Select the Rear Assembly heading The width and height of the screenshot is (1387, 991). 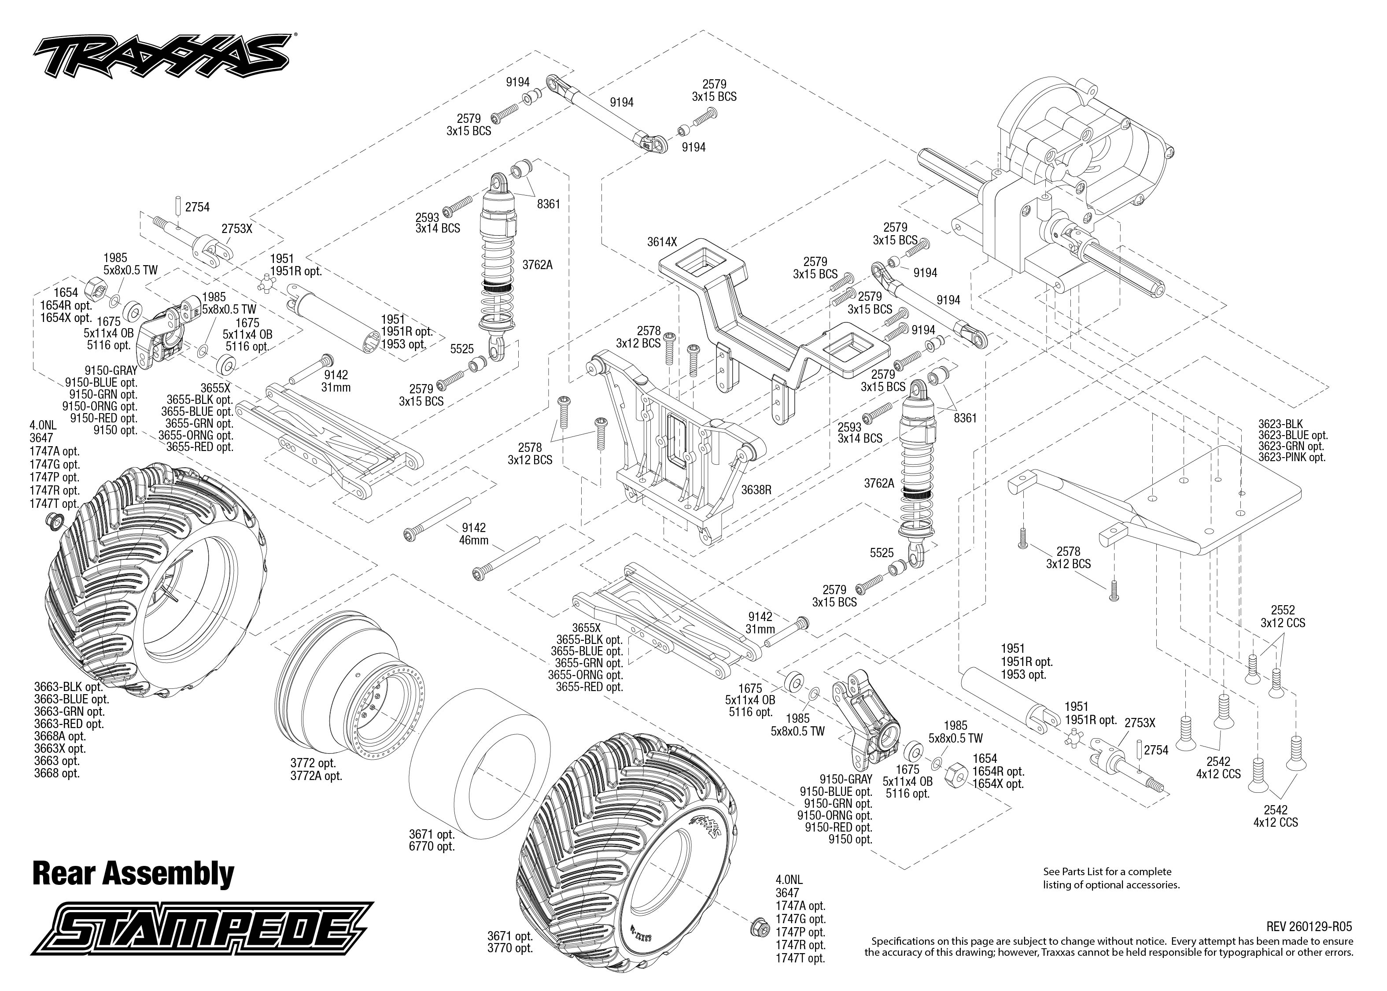(x=133, y=873)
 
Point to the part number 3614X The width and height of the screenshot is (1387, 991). (x=662, y=242)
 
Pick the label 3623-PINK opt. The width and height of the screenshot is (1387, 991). (x=1292, y=457)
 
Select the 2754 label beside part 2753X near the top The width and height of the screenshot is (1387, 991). (x=197, y=207)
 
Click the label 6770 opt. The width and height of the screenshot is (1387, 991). (x=432, y=847)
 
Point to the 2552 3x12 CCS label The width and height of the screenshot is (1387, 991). (x=1283, y=616)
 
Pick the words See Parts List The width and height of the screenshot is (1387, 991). (x=1075, y=871)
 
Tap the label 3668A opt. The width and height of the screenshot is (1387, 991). (x=60, y=736)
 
